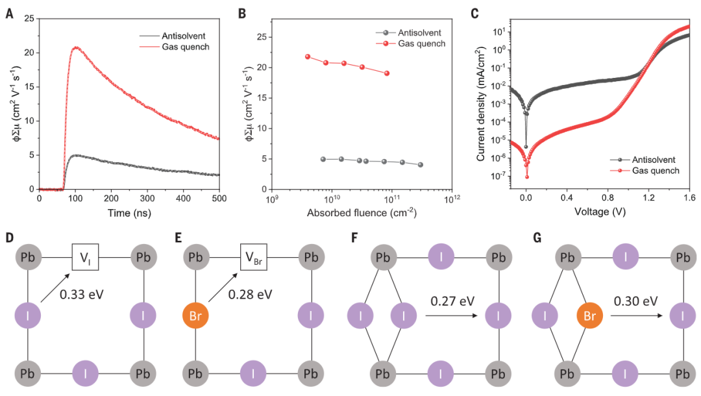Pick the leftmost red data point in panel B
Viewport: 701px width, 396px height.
(x=308, y=56)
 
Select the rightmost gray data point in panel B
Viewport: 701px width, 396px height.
(x=421, y=165)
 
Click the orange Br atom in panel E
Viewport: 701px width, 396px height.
(x=195, y=317)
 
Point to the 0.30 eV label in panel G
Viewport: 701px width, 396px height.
(x=632, y=301)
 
